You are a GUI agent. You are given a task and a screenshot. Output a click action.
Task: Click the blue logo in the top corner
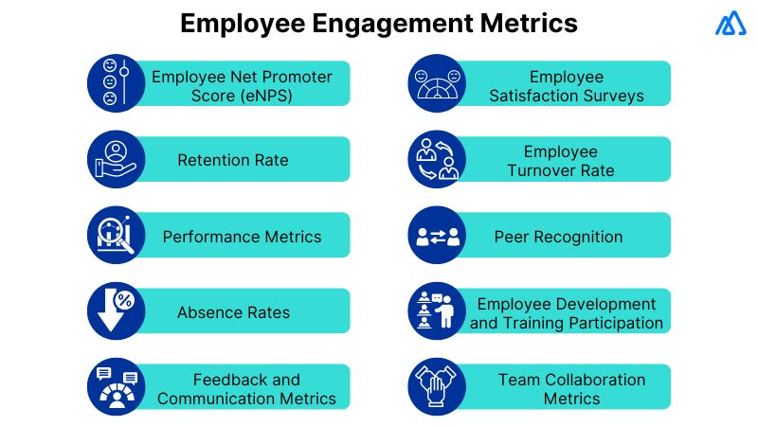731,24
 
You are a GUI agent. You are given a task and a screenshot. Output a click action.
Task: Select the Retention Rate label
233,160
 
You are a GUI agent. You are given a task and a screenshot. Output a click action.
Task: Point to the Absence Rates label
233,312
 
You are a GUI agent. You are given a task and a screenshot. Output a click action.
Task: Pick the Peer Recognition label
559,237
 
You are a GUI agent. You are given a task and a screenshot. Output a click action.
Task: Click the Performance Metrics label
242,237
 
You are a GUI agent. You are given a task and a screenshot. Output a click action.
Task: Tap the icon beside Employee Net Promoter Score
116,83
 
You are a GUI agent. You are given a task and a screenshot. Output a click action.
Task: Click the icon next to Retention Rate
116,159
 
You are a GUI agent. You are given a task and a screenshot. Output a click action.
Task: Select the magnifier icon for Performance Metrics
116,236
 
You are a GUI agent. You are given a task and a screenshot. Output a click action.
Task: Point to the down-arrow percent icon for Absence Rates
116,311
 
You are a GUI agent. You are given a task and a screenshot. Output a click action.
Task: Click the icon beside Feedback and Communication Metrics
116,387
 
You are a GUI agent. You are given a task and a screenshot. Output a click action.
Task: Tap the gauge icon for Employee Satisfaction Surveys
437,83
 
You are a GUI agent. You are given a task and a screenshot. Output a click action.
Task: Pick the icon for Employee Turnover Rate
437,159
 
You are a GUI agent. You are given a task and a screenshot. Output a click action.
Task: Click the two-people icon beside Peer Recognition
437,236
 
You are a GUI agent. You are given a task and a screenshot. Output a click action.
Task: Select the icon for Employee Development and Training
437,311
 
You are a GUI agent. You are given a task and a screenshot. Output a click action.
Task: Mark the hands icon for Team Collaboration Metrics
437,387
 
